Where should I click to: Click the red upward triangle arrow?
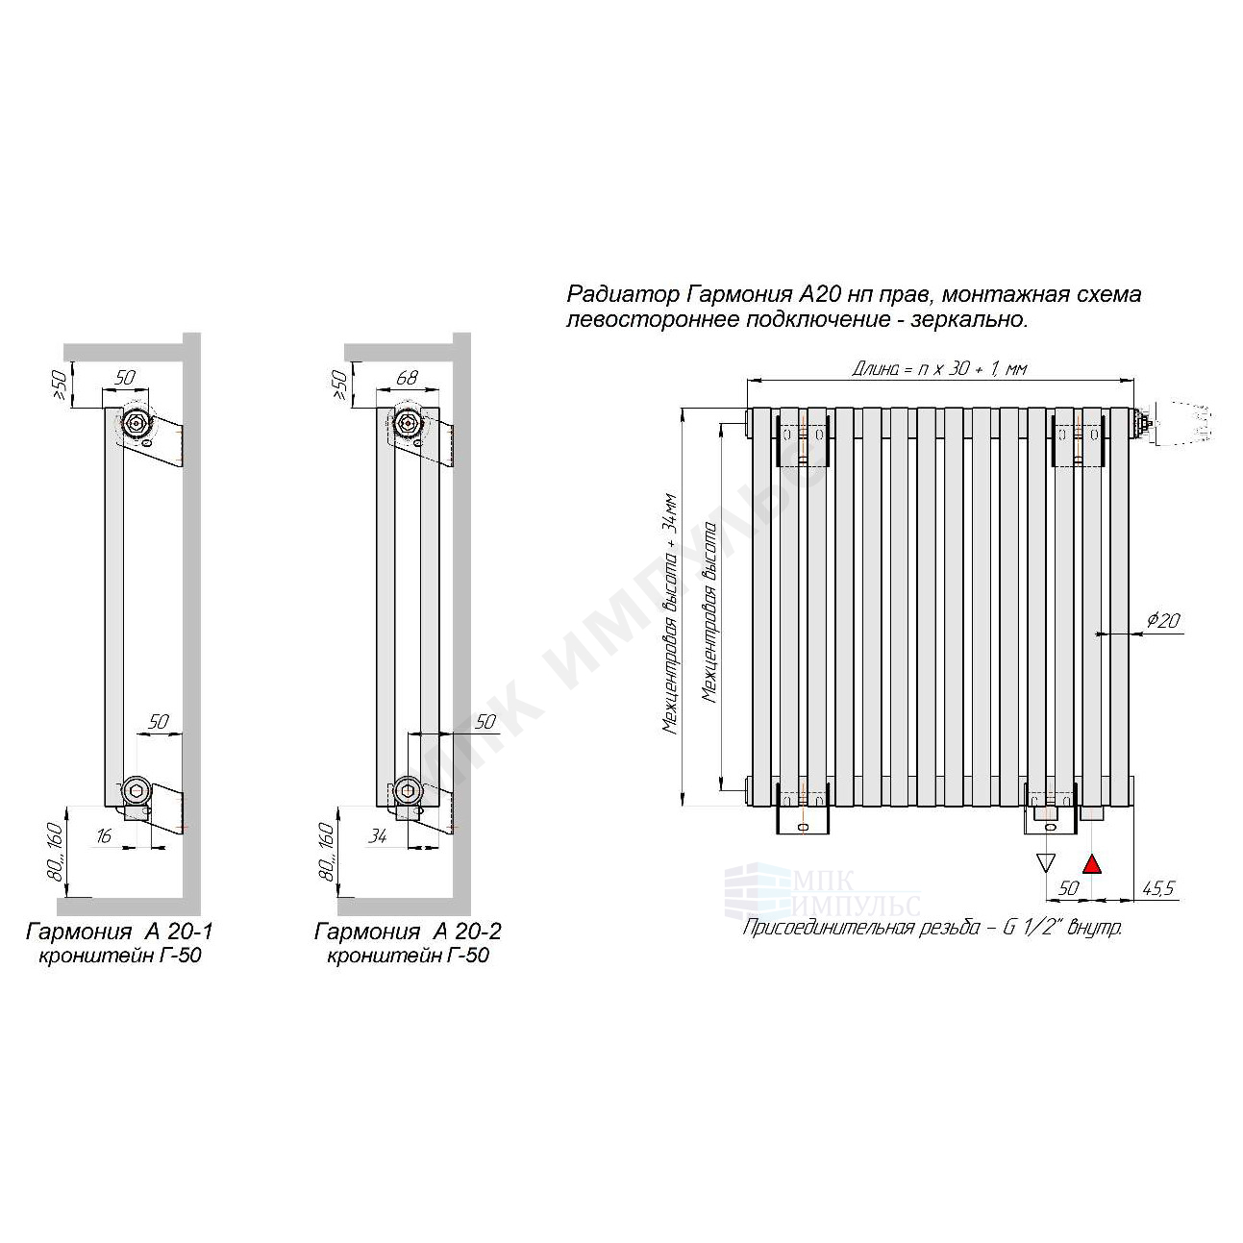[x=1091, y=864]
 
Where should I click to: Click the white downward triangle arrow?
[x=1045, y=862]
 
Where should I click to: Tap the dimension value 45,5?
[x=1157, y=888]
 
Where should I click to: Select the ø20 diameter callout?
[x=1163, y=620]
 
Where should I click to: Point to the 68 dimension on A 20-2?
[x=407, y=378]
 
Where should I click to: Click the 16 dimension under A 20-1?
[x=103, y=836]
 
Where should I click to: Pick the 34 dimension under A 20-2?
[x=378, y=836]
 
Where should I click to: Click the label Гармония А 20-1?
[x=119, y=932]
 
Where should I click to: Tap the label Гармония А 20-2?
[x=408, y=932]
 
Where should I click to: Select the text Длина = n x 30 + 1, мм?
[x=938, y=368]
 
